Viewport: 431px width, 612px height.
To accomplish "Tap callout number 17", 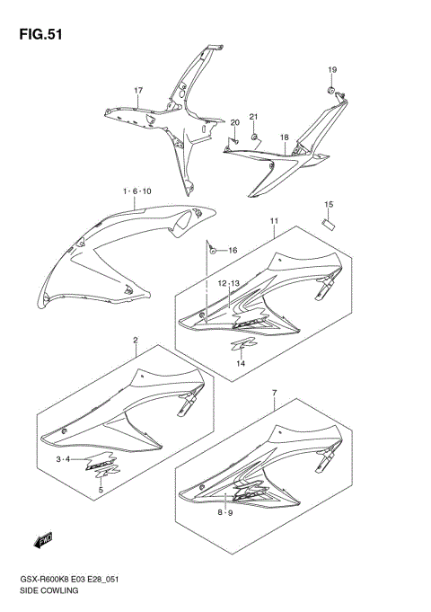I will pyautogui.click(x=139, y=91).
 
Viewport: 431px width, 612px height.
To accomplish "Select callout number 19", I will pyautogui.click(x=331, y=70).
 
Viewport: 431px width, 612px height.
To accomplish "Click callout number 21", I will pyautogui.click(x=253, y=118).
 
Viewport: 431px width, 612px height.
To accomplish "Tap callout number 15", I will pyautogui.click(x=329, y=205).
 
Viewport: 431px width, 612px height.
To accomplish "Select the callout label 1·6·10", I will pyautogui.click(x=137, y=191).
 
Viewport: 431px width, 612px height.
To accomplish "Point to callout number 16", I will pyautogui.click(x=232, y=250).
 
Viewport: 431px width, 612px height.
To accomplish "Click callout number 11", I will pyautogui.click(x=272, y=220).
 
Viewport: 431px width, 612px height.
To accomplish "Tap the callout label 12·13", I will pyautogui.click(x=228, y=283).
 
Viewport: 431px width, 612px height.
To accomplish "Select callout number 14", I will pyautogui.click(x=240, y=363).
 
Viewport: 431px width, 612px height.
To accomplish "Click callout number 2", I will pyautogui.click(x=135, y=341).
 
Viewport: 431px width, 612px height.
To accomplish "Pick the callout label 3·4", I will pyautogui.click(x=64, y=459).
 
